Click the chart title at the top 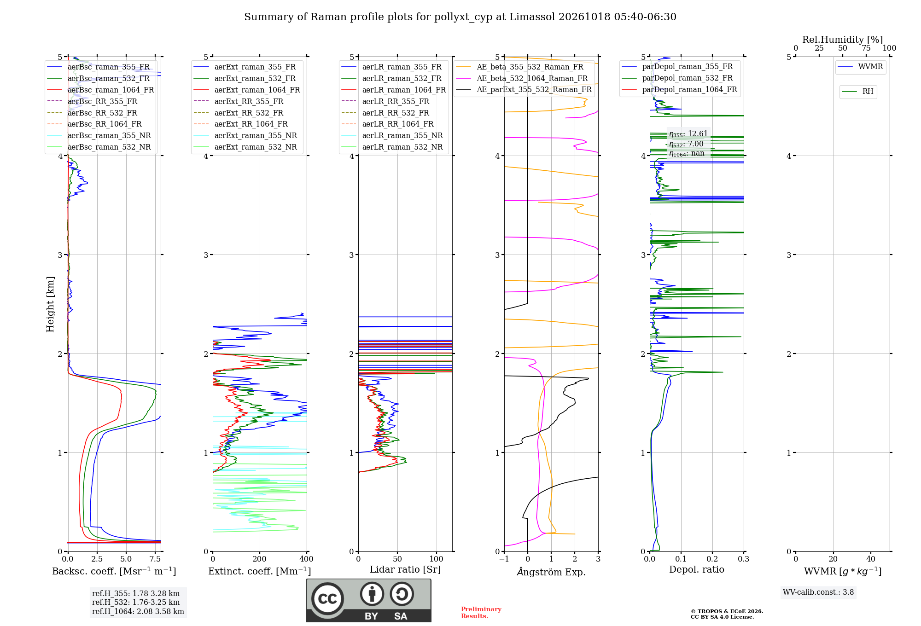coord(460,17)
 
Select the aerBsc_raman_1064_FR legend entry coord(100,90)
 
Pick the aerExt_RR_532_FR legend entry coord(239,113)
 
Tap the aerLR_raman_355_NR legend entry coord(392,136)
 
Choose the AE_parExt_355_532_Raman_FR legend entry coord(524,90)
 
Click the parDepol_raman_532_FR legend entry coord(677,78)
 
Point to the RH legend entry coord(857,92)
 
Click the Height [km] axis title coord(50,304)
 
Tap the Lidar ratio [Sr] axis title coord(405,570)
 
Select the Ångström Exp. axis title coord(551,572)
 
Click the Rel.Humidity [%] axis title coord(843,40)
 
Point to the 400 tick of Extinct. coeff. coord(307,559)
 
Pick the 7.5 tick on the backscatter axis coord(155,559)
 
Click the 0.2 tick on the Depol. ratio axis coord(712,559)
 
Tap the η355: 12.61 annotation coord(688,134)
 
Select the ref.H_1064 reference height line coord(138,612)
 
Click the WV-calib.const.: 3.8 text coord(818,592)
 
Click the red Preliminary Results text coord(481,613)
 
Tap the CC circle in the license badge coord(327,599)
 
